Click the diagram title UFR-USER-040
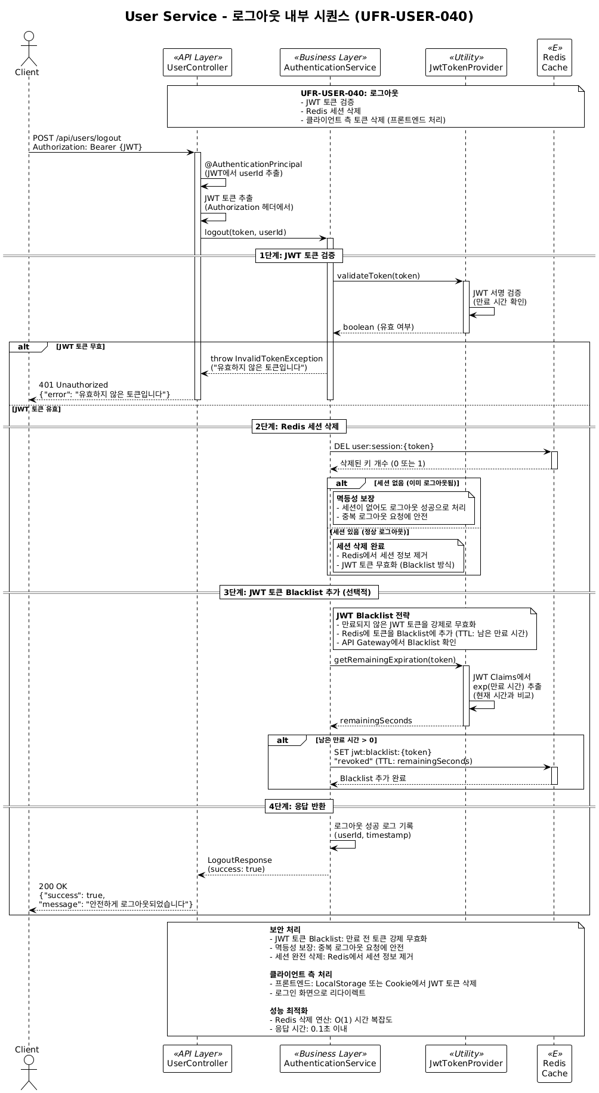click(x=299, y=17)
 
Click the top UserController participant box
click(x=197, y=63)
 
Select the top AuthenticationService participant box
click(x=330, y=63)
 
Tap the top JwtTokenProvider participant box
click(x=466, y=63)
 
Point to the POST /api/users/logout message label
click(x=77, y=138)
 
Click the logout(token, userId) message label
click(x=245, y=233)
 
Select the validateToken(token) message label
click(x=378, y=276)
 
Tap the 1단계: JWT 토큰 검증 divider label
click(x=299, y=256)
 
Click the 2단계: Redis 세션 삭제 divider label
click(x=299, y=426)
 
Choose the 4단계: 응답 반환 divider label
click(x=299, y=806)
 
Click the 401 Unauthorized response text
click(x=73, y=385)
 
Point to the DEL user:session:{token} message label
click(x=384, y=447)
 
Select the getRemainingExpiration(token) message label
click(x=395, y=660)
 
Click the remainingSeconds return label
click(x=376, y=721)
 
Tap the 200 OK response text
click(x=53, y=887)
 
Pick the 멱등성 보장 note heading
click(x=356, y=498)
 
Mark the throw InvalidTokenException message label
click(x=267, y=359)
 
